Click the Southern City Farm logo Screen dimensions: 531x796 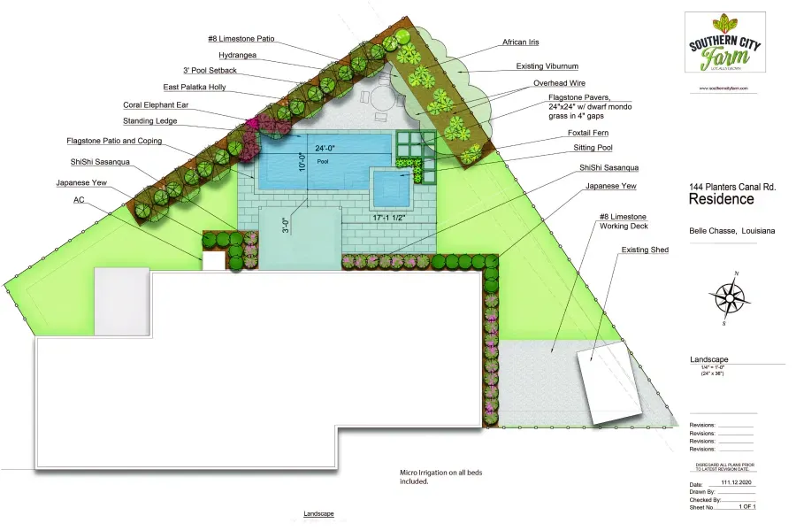(x=724, y=43)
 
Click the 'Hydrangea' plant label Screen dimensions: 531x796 (x=237, y=55)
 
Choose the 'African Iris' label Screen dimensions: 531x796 (x=521, y=42)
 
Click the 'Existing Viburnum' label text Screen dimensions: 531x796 (x=547, y=66)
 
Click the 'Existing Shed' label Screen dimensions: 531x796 (x=645, y=250)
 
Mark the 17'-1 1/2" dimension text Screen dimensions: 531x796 (x=390, y=217)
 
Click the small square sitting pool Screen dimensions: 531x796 (x=391, y=186)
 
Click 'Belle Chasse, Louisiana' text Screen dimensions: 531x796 (x=731, y=231)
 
